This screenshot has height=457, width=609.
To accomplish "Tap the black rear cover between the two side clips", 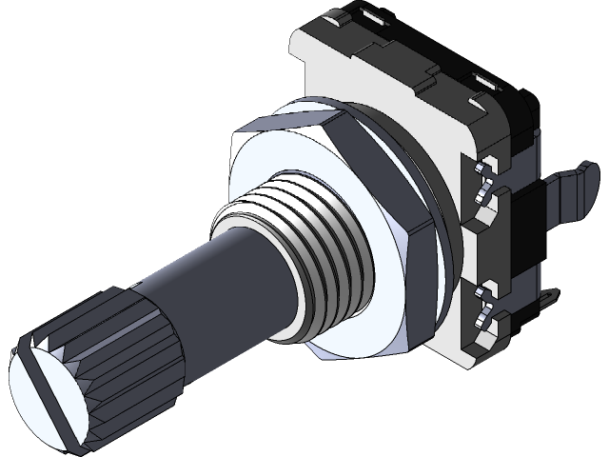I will (519, 238).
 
